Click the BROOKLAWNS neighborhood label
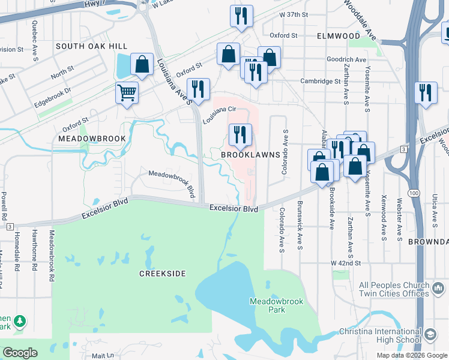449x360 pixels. tap(250, 155)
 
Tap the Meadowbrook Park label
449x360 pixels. tap(268, 306)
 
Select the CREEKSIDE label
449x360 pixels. tap(162, 274)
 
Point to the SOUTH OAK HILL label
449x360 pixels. tap(91, 46)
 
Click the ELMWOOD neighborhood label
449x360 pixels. tap(339, 36)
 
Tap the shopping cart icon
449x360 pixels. tap(127, 93)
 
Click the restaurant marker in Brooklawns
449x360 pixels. tap(240, 134)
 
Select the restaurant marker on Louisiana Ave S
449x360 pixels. tap(198, 89)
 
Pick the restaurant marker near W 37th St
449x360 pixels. tap(241, 16)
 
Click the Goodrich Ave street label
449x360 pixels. tap(346, 59)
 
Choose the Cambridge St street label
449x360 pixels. tap(321, 81)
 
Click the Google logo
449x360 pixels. tap(20, 353)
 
